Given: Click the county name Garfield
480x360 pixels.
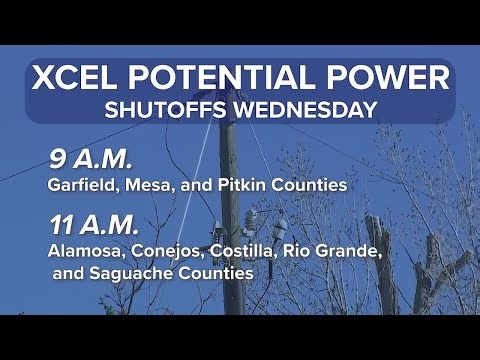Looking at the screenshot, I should click(x=82, y=185).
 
